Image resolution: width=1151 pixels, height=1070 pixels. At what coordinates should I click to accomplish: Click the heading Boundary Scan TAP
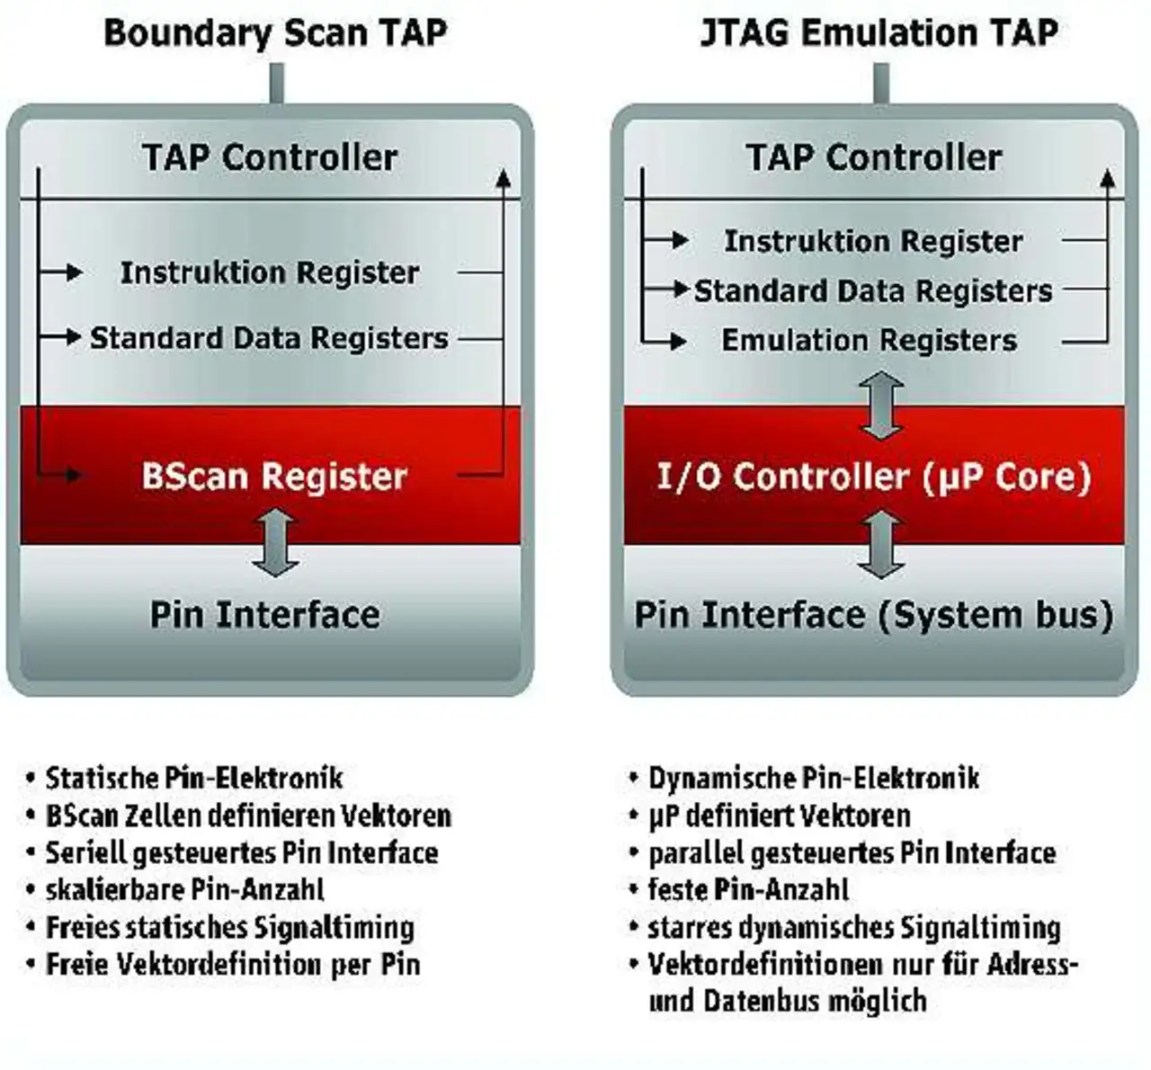coord(275,33)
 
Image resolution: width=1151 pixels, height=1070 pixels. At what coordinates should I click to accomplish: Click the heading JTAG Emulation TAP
coord(879,32)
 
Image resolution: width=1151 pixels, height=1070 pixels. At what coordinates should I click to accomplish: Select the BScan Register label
coord(274,477)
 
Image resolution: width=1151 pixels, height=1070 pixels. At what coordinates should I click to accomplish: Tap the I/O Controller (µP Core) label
coord(874,477)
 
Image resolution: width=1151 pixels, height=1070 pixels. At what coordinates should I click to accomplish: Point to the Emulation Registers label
coord(869,340)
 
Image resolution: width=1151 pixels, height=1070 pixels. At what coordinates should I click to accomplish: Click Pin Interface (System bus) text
coord(874,615)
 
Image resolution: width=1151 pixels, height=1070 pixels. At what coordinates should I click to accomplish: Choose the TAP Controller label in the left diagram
coord(270,157)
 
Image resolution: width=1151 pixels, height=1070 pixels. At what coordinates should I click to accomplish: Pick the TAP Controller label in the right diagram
coord(874,157)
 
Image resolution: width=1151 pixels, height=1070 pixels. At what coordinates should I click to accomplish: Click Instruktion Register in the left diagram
coord(270,272)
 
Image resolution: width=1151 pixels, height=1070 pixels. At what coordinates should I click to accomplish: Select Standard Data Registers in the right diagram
coord(873,291)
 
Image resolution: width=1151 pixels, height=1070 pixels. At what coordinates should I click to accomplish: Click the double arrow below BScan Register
coord(275,542)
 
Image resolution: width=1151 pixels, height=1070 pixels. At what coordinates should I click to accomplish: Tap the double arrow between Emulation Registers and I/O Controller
coord(881,406)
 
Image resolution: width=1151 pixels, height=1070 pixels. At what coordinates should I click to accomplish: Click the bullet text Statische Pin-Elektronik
coord(194,778)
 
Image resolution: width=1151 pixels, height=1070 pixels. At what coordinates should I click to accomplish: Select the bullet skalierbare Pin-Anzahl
coord(185,890)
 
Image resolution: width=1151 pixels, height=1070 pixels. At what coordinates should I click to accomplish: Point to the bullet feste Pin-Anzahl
coord(748,890)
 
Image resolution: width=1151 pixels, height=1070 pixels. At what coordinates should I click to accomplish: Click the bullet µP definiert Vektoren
coord(780,816)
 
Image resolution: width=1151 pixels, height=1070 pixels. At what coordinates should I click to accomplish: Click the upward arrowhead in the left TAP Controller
coord(503,178)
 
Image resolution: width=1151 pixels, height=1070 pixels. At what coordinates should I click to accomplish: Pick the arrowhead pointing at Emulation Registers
coord(679,342)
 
